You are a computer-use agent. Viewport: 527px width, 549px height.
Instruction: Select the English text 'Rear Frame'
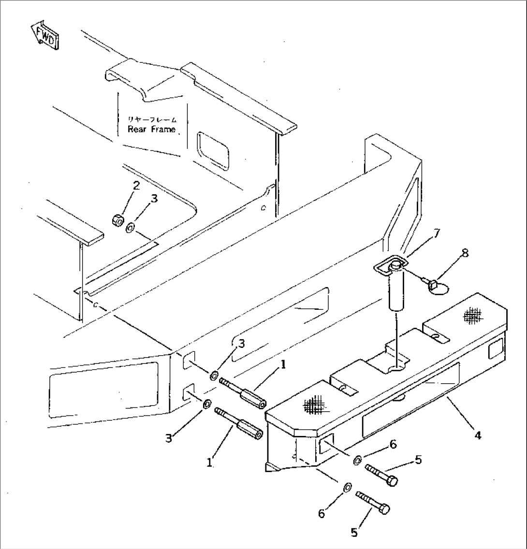click(x=151, y=130)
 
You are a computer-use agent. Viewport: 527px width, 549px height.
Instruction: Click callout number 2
click(x=136, y=186)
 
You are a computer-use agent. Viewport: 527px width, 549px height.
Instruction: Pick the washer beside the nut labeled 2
click(x=131, y=228)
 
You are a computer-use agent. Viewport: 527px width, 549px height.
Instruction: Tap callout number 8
click(x=465, y=253)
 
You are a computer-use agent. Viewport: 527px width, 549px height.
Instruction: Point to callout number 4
click(x=478, y=435)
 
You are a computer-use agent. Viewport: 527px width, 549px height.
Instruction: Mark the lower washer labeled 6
click(x=347, y=488)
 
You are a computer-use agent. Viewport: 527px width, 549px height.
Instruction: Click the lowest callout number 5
click(x=354, y=532)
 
